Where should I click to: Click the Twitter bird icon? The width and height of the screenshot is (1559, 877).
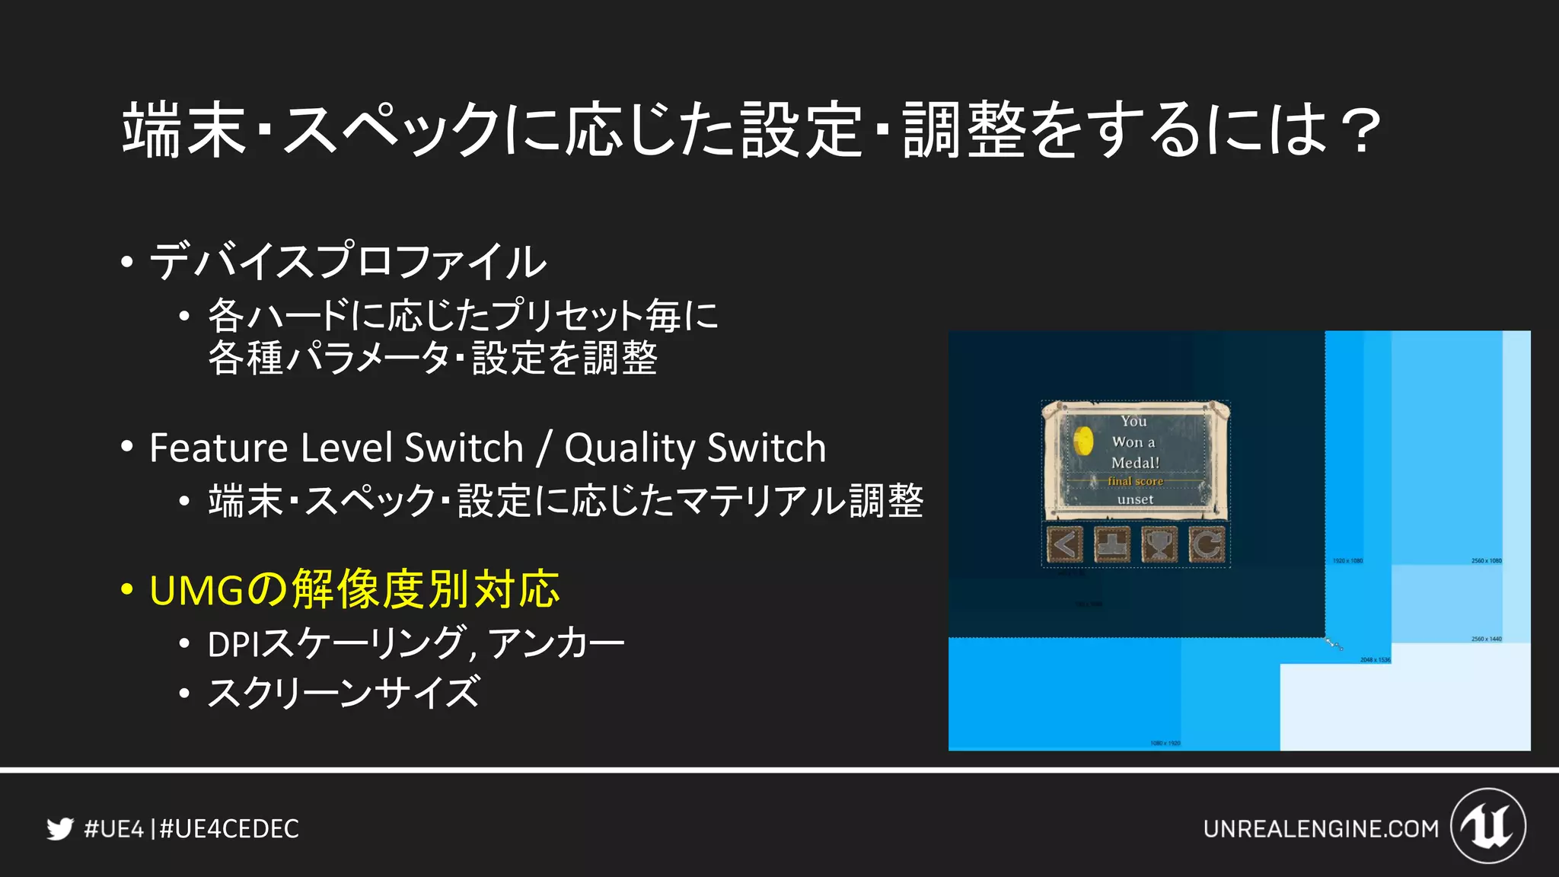point(59,828)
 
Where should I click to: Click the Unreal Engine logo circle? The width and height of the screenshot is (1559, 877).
point(1488,826)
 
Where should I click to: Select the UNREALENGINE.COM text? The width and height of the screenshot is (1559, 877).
point(1321,828)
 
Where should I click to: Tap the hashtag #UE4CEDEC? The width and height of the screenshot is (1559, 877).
point(229,828)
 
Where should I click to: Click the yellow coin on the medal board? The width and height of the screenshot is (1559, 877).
point(1083,440)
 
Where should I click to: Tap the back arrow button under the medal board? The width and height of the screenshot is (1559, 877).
point(1064,544)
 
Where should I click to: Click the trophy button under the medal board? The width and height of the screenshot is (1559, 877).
point(1159,544)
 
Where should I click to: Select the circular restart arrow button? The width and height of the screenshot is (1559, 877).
point(1207,544)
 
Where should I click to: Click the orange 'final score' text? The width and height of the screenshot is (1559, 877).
point(1135,481)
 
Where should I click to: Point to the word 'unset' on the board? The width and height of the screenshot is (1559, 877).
point(1135,499)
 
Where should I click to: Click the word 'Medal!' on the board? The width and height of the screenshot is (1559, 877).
point(1135,462)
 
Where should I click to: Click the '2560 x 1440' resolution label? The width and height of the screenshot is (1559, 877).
point(1486,639)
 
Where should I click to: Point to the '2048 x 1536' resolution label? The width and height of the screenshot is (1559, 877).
point(1375,660)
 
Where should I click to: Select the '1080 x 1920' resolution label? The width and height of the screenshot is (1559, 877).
point(1165,743)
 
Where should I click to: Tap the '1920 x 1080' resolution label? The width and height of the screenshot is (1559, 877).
point(1347,561)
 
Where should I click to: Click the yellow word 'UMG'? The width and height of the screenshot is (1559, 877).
point(197,590)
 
